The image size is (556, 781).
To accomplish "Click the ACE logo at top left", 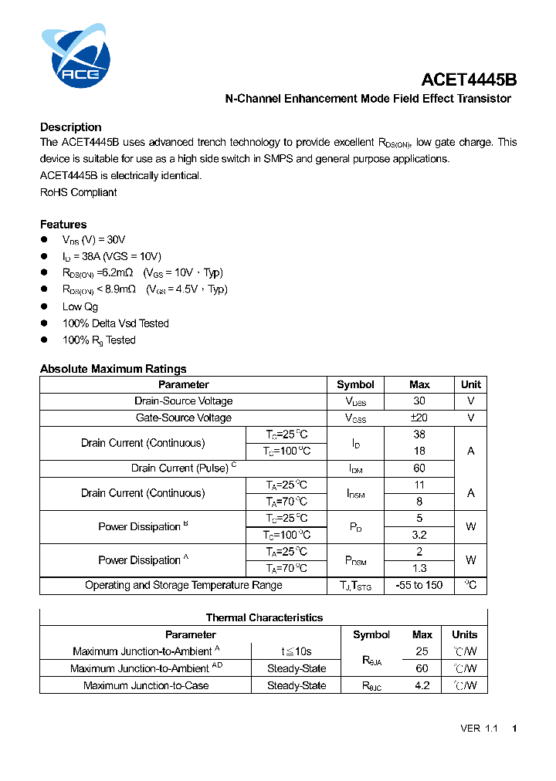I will coord(76,55).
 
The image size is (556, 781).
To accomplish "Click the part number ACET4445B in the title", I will coord(469,79).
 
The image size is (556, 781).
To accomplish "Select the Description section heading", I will coord(70,127).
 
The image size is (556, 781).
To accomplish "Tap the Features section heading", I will coord(63,225).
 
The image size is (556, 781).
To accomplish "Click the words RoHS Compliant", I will coord(78,192).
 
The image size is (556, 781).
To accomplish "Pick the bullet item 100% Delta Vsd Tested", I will coord(115,323).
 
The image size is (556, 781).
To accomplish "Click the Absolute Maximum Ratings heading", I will coord(113,369).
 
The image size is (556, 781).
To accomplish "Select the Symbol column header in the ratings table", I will coord(355,384).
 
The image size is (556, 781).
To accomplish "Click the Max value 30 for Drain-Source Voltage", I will coord(419,401).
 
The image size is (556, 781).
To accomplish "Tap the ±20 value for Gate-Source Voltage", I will coord(419,418).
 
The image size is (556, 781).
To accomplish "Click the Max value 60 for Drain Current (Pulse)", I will coord(419,468).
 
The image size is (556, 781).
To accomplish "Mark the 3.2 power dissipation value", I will coord(419,535).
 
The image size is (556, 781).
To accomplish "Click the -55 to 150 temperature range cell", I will coord(419,585).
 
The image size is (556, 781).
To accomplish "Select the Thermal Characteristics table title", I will coord(264,617).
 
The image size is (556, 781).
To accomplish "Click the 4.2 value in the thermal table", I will coord(422,685).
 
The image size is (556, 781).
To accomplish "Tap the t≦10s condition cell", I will coord(297,651).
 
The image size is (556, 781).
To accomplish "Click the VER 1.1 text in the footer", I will coord(479,729).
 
